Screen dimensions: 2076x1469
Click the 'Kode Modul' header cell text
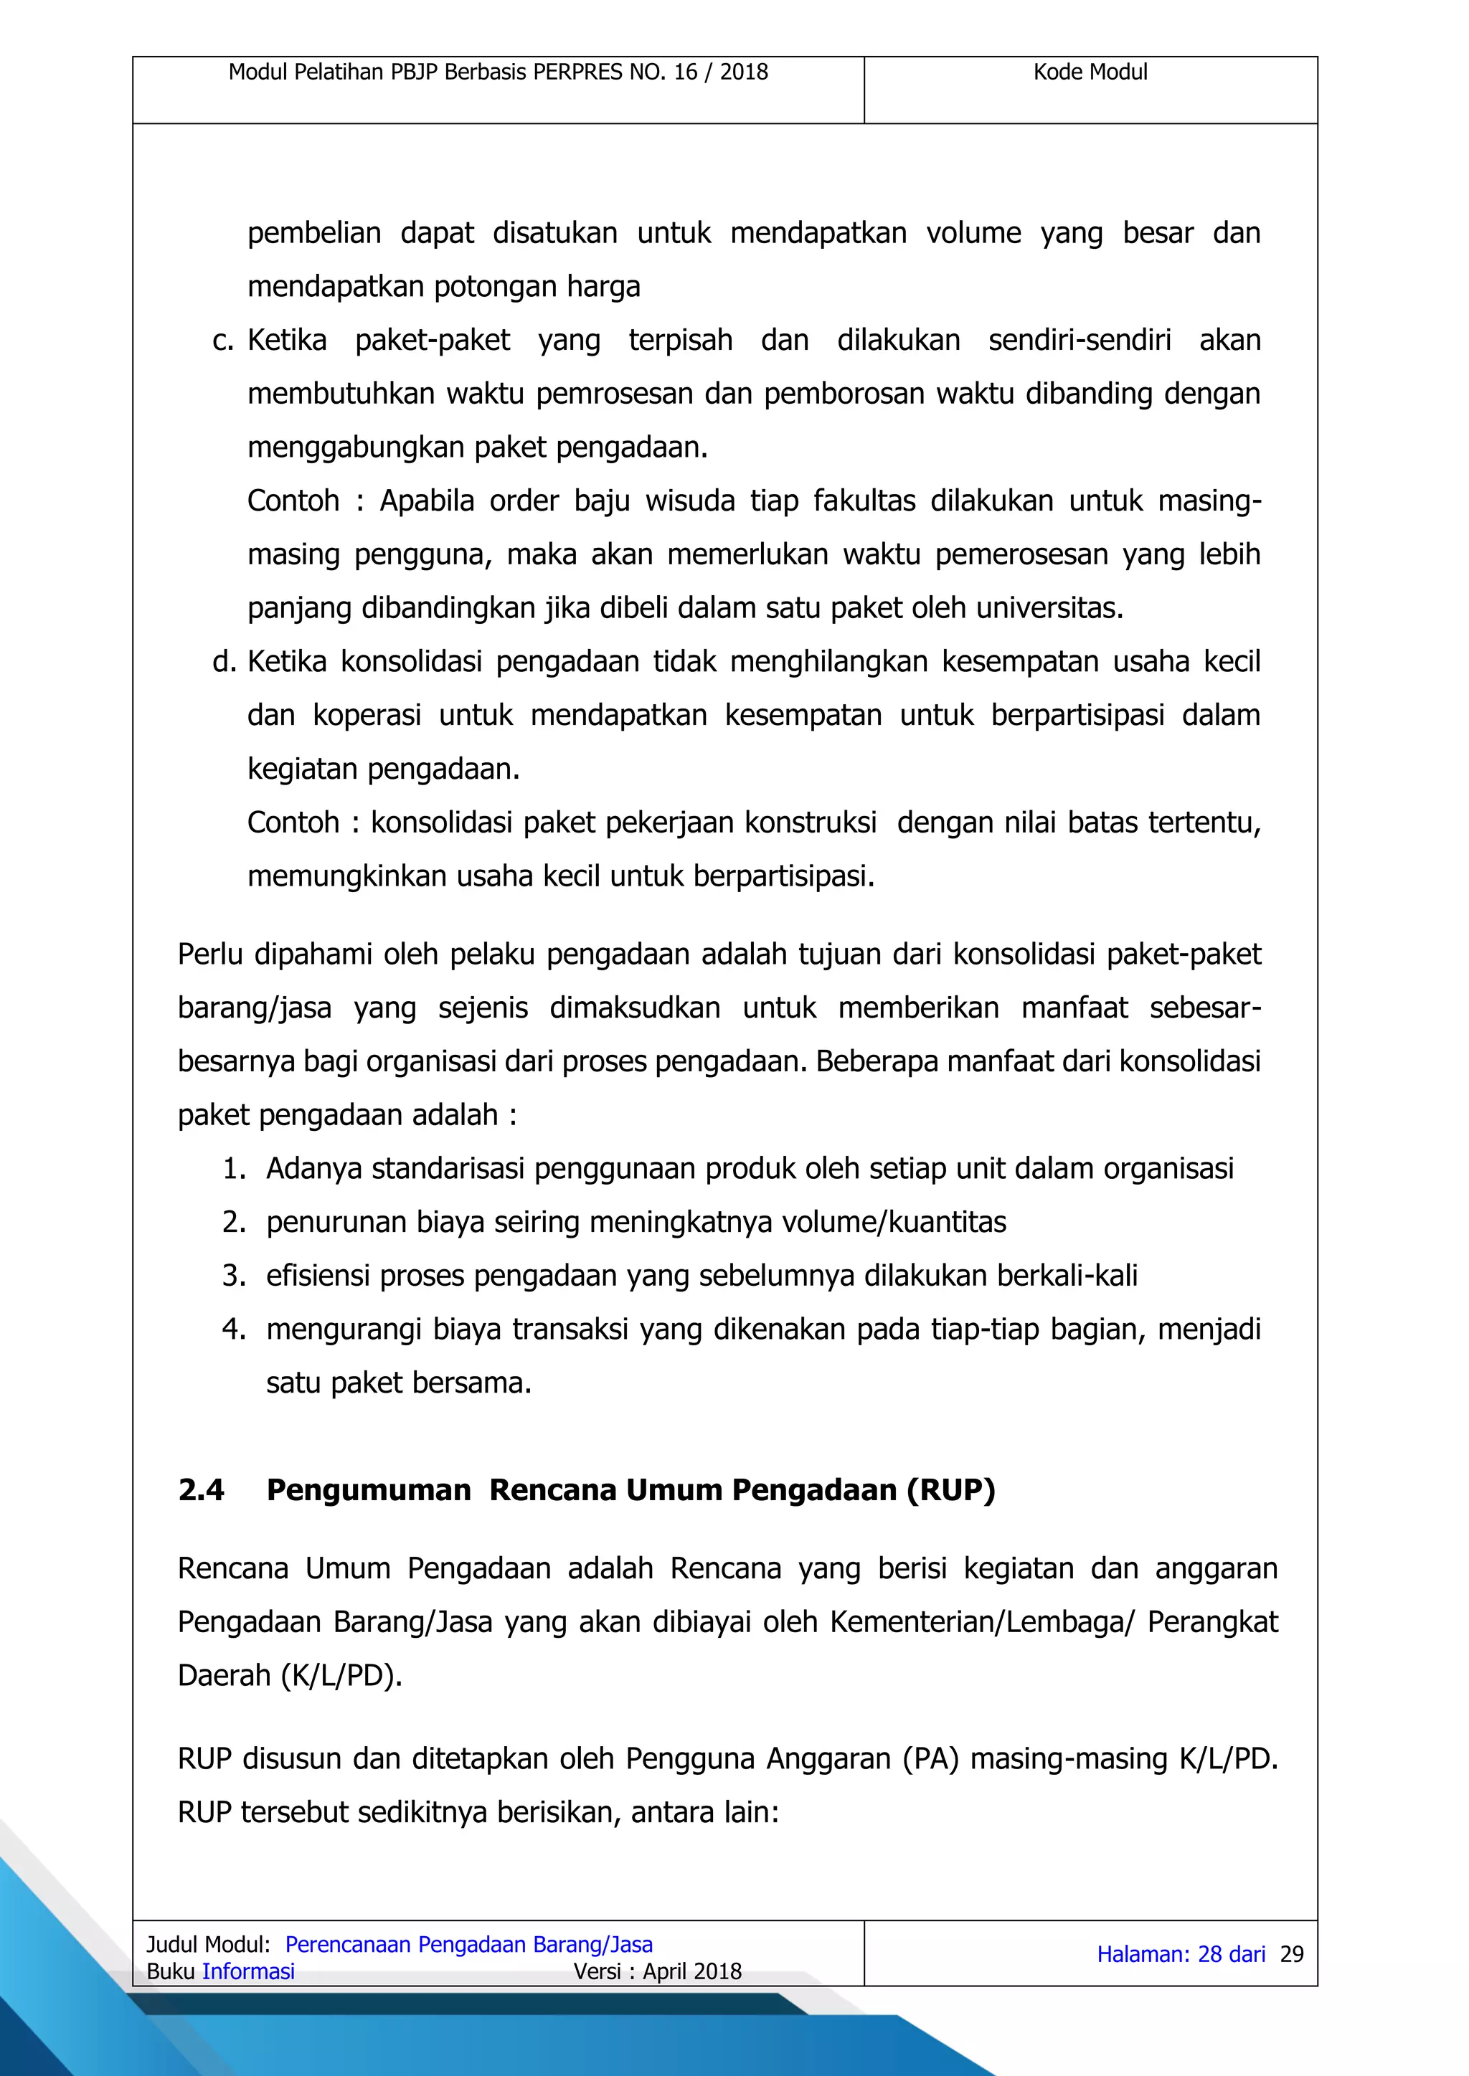pyautogui.click(x=1090, y=72)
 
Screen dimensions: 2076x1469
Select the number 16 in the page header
pyautogui.click(x=686, y=72)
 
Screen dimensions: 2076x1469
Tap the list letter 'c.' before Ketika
pyautogui.click(x=222, y=341)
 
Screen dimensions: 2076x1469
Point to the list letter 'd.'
pyautogui.click(x=223, y=662)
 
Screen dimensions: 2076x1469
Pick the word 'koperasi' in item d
pyautogui.click(x=367, y=715)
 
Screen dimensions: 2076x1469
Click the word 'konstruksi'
pyautogui.click(x=811, y=823)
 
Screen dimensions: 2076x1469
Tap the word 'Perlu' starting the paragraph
pyautogui.click(x=211, y=954)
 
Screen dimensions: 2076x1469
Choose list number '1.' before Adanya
pyautogui.click(x=235, y=1169)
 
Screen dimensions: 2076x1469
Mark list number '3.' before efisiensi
pyautogui.click(x=235, y=1276)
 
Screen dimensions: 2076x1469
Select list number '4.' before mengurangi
pyautogui.click(x=235, y=1330)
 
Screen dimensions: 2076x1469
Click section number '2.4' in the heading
pyautogui.click(x=201, y=1490)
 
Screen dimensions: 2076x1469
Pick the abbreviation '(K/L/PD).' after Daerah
pyautogui.click(x=342, y=1675)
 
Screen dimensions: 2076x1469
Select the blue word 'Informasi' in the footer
pyautogui.click(x=249, y=1972)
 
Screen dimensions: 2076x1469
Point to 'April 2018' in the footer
pyautogui.click(x=692, y=1972)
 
